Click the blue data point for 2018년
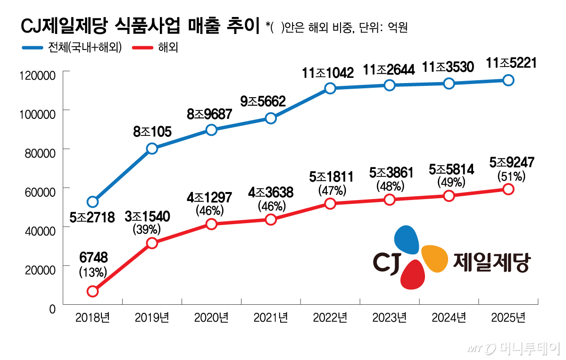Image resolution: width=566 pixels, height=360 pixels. coord(92,202)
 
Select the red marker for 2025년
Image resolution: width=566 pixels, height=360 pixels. coord(508,189)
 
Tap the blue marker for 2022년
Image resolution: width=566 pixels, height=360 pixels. coord(330,88)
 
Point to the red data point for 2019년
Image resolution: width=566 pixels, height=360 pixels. coord(152,243)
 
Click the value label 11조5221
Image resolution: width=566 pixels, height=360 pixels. coord(508,63)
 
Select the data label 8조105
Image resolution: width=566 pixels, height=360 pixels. coord(152,131)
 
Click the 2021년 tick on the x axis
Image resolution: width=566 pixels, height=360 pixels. coord(271,318)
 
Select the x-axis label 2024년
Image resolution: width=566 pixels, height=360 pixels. coord(449,318)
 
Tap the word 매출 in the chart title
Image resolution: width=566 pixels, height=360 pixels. coord(204,26)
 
